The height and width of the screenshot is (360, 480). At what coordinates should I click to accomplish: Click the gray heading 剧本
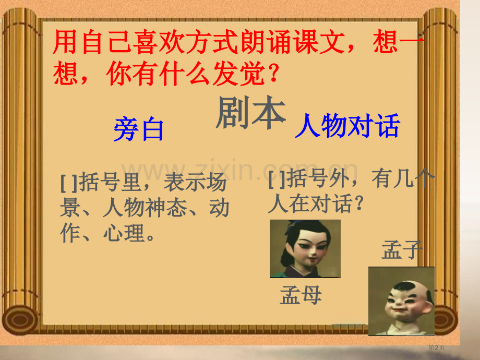[251, 113]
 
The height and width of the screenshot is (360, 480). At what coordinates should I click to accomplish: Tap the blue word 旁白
[139, 130]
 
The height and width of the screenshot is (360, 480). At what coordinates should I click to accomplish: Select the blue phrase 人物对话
[347, 126]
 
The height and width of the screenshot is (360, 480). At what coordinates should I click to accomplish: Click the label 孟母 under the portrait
[301, 295]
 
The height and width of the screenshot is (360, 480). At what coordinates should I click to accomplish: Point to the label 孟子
[401, 250]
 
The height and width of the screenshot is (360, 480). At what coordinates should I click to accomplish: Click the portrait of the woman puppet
[305, 248]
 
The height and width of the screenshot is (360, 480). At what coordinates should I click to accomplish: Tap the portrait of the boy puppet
[401, 301]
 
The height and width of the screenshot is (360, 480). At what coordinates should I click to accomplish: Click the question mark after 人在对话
[358, 205]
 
